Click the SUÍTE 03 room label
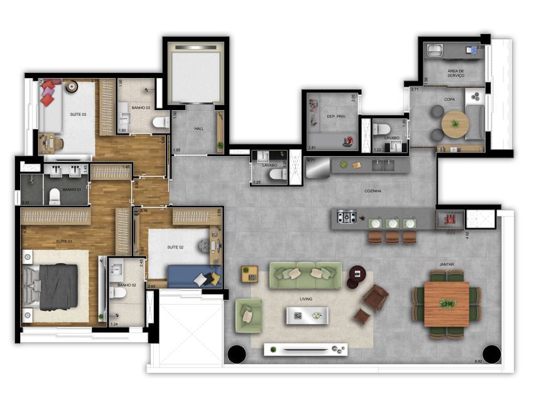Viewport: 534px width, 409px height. [x=78, y=115]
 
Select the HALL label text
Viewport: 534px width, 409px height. [x=199, y=129]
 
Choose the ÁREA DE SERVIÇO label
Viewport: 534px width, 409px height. [x=455, y=74]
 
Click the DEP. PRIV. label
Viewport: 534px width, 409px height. [x=329, y=116]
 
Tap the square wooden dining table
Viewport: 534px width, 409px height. [x=447, y=304]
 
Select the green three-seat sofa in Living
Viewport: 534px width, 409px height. [x=305, y=274]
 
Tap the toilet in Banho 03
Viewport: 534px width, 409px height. [x=161, y=121]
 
